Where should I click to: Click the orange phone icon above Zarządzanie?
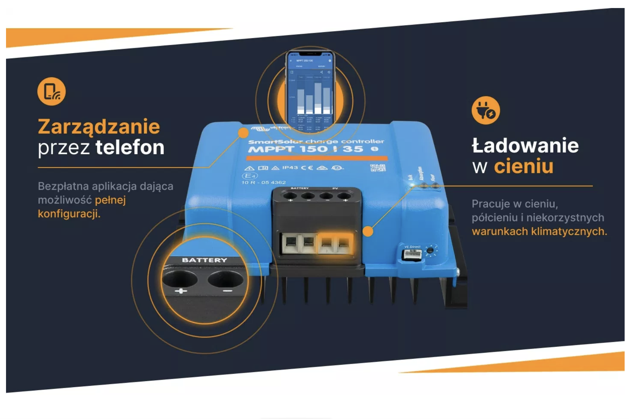[x=51, y=91]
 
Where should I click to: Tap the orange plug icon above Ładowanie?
[x=486, y=110]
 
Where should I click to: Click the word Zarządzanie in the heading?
[x=99, y=127]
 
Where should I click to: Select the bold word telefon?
[x=130, y=147]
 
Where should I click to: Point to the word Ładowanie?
[x=525, y=146]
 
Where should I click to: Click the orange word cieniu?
[x=524, y=166]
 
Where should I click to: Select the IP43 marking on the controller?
[x=290, y=167]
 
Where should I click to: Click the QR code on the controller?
[x=378, y=168]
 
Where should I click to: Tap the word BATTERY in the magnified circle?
[x=204, y=260]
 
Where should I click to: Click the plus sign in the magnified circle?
[x=181, y=291]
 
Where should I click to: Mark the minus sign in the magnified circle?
[x=227, y=291]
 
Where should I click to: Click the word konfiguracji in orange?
[x=69, y=214]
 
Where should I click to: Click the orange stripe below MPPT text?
[x=317, y=158]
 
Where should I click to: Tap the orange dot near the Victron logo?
[x=243, y=133]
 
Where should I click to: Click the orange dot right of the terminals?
[x=368, y=231]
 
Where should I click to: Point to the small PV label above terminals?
[x=335, y=188]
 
